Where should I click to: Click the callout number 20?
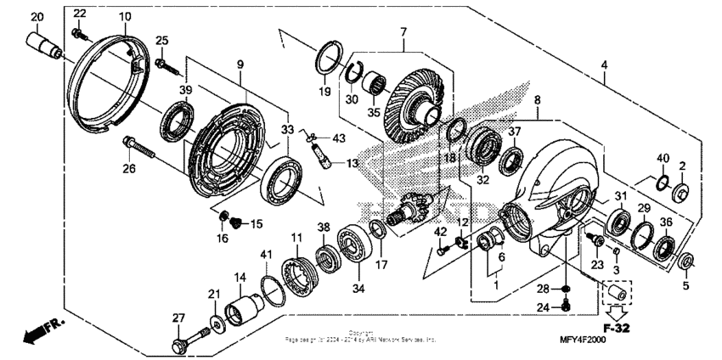[x=37, y=18]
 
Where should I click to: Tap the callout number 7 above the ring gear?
[x=403, y=31]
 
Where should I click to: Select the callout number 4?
[x=604, y=66]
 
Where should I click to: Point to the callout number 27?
[x=178, y=318]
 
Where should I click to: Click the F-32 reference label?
[x=618, y=328]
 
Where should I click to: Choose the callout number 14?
[x=240, y=278]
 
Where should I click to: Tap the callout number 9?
[x=240, y=65]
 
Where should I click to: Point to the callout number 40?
[x=663, y=158]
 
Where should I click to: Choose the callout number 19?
[x=324, y=91]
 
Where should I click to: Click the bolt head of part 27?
[x=180, y=344]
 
